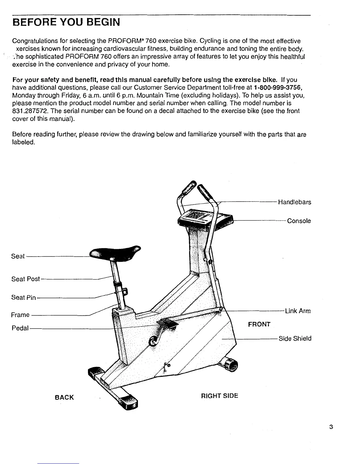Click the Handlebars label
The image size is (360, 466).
[x=294, y=202]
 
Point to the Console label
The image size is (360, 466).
[x=299, y=221]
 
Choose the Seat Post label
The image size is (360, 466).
[x=25, y=279]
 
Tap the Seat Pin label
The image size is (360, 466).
[x=24, y=297]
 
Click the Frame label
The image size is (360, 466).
[x=20, y=315]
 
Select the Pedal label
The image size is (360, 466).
[x=20, y=328]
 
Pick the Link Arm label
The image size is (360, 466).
[x=298, y=311]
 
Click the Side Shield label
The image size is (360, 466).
[x=295, y=338]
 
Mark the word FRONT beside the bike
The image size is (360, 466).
[x=259, y=324]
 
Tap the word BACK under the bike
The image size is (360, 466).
[x=64, y=397]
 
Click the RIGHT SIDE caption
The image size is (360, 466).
[x=219, y=396]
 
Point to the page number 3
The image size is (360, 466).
[x=331, y=427]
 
